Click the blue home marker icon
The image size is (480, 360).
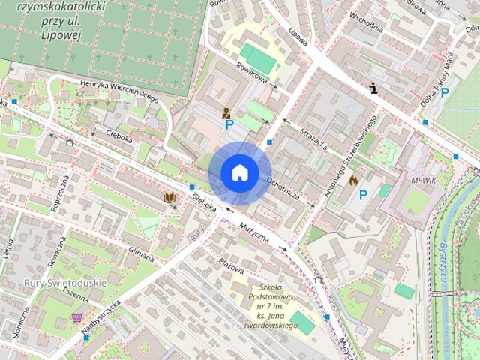click(x=239, y=172)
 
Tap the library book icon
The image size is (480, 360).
click(x=170, y=198)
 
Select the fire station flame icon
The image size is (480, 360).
click(x=353, y=180)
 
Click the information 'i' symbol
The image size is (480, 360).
click(x=374, y=88)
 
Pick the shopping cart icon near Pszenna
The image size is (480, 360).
click(x=76, y=318)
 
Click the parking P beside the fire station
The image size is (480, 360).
click(x=364, y=195)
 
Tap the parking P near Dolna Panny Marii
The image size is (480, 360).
click(x=445, y=92)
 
